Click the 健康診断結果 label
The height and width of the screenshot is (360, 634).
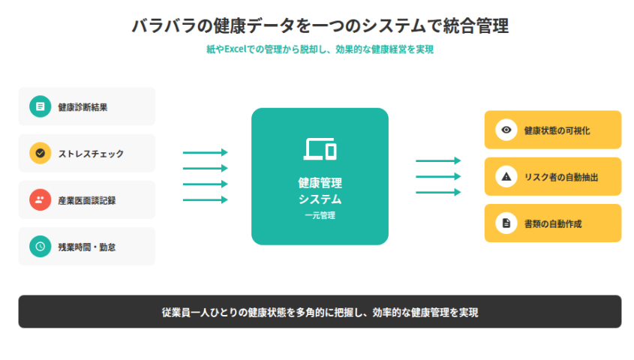pos(83,106)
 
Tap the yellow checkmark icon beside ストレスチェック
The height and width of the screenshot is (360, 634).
pos(40,153)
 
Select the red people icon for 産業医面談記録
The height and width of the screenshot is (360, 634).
pos(40,199)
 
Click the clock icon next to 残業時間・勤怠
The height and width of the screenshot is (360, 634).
pos(40,246)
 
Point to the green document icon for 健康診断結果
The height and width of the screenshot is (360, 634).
pos(40,106)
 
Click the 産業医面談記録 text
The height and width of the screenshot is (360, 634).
pos(86,200)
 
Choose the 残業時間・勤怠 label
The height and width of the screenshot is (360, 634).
pos(87,247)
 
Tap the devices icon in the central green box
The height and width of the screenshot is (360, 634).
pos(320,148)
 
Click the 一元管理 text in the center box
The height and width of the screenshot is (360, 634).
pos(320,216)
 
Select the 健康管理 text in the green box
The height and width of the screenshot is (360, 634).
pos(320,183)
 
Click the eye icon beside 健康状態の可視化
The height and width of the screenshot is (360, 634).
pos(506,130)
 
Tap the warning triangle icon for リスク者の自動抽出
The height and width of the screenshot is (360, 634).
pos(506,176)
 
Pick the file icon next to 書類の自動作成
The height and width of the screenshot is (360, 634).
pos(506,223)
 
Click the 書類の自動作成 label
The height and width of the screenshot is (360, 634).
pos(553,223)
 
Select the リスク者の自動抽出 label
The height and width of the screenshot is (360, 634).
pos(560,177)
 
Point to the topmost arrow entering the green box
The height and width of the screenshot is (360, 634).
pos(205,152)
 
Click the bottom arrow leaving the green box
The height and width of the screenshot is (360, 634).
pos(438,192)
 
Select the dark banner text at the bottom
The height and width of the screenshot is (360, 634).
pos(320,312)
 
